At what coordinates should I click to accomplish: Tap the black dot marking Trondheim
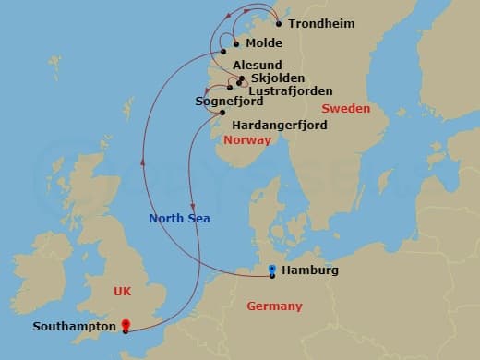pos(279,23)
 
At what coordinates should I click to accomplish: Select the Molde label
pos(264,43)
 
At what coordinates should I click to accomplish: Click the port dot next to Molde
pos(236,43)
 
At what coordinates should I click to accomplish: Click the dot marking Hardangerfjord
pos(222,113)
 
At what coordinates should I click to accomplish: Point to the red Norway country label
pos(247,140)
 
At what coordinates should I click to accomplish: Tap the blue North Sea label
pos(180,219)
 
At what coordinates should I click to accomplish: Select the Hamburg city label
pos(312,270)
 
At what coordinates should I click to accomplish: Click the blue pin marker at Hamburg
pos(271,270)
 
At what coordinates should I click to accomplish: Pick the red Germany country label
pos(274,306)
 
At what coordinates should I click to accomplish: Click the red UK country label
pos(122,291)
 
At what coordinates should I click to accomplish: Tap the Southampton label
pos(73,326)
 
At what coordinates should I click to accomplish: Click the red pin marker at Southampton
pos(126,325)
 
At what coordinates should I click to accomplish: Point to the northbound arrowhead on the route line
pos(141,161)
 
